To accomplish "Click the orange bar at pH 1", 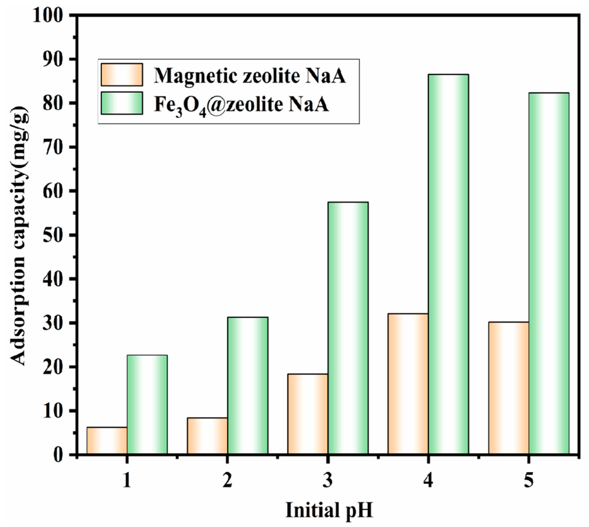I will pyautogui.click(x=107, y=440).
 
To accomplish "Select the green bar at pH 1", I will pyautogui.click(x=147, y=404).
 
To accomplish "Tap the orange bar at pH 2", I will pyautogui.click(x=207, y=436).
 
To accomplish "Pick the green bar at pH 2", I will pyautogui.click(x=248, y=385).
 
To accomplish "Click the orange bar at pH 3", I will pyautogui.click(x=308, y=414).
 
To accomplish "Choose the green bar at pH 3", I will pyautogui.click(x=348, y=328).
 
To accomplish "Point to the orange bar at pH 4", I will pyautogui.click(x=408, y=384).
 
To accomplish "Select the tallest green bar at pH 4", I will pyautogui.click(x=448, y=264).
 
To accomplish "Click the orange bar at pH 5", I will pyautogui.click(x=509, y=388).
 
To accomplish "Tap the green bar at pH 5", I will pyautogui.click(x=549, y=273).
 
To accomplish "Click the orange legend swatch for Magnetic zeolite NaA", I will pyautogui.click(x=122, y=75).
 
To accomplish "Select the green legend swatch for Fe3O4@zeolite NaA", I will pyautogui.click(x=122, y=103).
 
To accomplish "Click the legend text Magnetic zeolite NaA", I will pyautogui.click(x=250, y=75).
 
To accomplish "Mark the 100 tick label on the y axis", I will pyautogui.click(x=51, y=15).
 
